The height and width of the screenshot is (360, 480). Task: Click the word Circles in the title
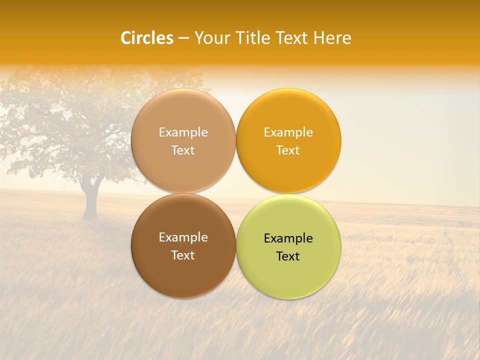146,38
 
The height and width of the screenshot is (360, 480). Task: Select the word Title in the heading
254,38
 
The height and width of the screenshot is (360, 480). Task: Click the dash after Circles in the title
183,38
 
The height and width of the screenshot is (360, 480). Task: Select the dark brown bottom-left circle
183,272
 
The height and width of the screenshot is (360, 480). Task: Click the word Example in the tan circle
183,132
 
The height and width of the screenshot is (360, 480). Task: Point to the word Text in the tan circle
183,150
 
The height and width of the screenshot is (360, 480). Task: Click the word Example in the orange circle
288,132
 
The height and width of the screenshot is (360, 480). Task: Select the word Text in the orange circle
288,150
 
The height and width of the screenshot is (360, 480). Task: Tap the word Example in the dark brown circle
183,237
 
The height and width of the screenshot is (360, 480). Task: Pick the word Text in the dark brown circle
183,255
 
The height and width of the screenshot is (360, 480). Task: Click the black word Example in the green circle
288,238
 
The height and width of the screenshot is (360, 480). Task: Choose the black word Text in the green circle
288,256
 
